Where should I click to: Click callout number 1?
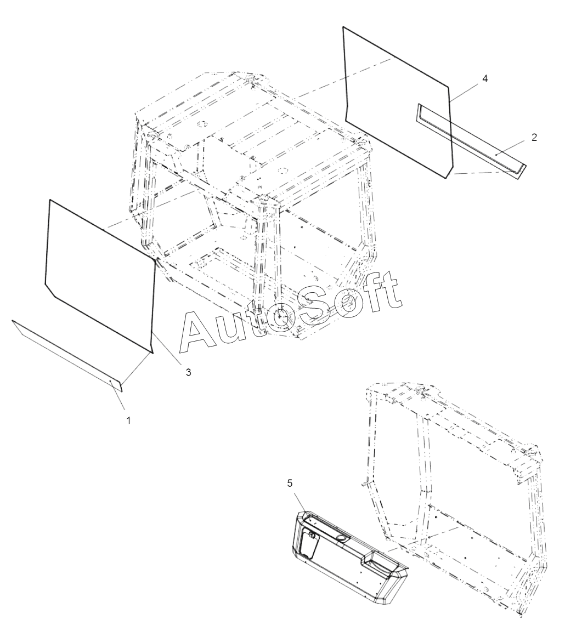128,420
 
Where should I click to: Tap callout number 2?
534,137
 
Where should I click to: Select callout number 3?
188,372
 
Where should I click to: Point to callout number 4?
485,78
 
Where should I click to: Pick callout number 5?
290,483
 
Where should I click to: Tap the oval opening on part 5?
341,538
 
